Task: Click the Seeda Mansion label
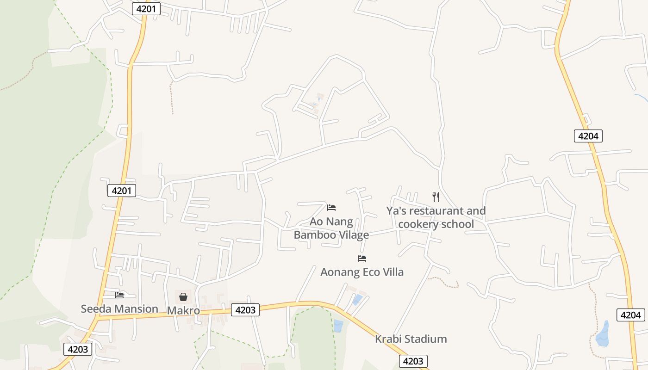tap(119, 308)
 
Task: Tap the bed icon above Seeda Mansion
tap(120, 295)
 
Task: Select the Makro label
tap(183, 310)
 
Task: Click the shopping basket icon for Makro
tap(183, 297)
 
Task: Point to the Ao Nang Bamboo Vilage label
tap(331, 228)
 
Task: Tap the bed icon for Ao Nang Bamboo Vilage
tap(331, 207)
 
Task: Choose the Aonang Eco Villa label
tap(362, 272)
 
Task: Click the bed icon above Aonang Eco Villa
tap(362, 258)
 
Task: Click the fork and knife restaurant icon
tap(436, 197)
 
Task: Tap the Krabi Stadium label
tap(411, 339)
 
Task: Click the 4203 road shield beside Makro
tap(245, 310)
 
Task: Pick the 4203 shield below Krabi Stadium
tap(413, 361)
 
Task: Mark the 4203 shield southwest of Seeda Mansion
tap(78, 349)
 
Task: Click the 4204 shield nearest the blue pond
tap(630, 315)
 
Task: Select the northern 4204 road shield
tap(588, 136)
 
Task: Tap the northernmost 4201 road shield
tap(146, 9)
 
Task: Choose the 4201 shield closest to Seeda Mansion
tap(122, 191)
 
